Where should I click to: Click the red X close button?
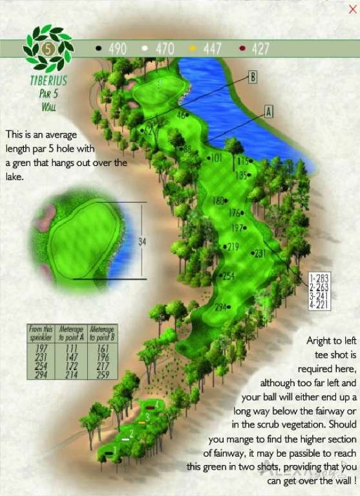(x=352, y=9)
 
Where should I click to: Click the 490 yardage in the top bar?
(x=118, y=48)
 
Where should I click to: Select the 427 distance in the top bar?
(x=260, y=48)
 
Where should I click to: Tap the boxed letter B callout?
(x=253, y=77)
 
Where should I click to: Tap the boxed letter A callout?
(x=269, y=111)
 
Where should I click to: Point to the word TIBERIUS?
(x=48, y=82)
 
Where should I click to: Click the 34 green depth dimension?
(x=143, y=242)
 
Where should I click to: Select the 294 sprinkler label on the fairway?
(x=221, y=307)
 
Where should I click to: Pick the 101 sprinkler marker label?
(x=217, y=158)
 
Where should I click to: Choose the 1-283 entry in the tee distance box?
(x=319, y=278)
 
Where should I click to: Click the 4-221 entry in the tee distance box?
(x=319, y=305)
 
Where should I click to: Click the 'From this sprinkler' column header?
(x=40, y=333)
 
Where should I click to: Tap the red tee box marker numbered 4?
(x=151, y=408)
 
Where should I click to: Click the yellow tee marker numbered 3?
(x=142, y=422)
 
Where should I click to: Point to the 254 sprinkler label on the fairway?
(x=228, y=276)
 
